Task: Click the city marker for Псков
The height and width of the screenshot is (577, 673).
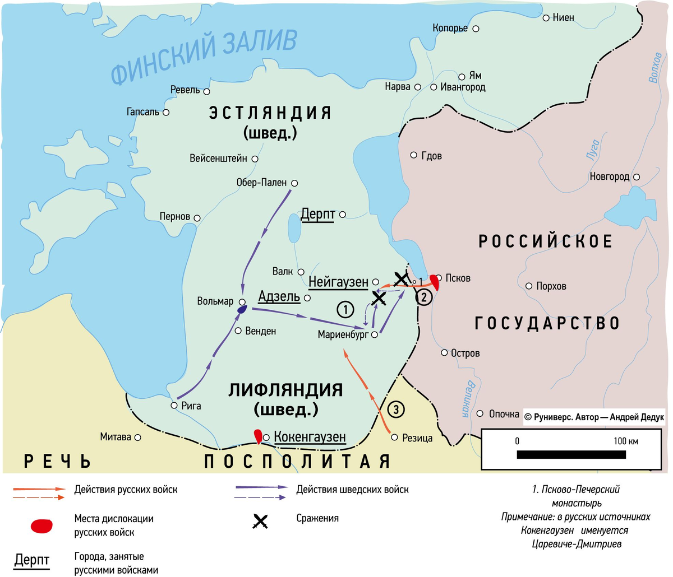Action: click(x=440, y=277)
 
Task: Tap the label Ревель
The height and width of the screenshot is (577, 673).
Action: click(x=185, y=90)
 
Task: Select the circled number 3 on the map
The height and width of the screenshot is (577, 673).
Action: click(x=395, y=410)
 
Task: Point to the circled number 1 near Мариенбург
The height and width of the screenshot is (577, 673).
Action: click(x=345, y=309)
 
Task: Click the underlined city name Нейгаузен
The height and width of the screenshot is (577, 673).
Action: click(x=338, y=282)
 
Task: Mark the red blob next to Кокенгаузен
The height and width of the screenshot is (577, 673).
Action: click(x=258, y=435)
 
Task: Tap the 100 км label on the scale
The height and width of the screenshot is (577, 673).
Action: click(x=625, y=441)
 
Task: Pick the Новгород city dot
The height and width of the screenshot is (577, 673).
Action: click(x=637, y=177)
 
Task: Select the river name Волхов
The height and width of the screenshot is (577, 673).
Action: click(x=654, y=68)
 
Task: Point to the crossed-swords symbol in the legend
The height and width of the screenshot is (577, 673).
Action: click(x=259, y=522)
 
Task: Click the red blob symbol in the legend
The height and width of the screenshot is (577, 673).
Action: click(x=42, y=525)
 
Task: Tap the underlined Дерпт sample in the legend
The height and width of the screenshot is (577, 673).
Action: click(x=32, y=561)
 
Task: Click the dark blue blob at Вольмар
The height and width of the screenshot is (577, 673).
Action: click(x=242, y=309)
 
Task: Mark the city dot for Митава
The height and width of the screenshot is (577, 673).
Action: click(x=138, y=437)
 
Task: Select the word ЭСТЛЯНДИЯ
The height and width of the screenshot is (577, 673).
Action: click(x=270, y=113)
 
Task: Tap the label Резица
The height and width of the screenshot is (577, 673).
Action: click(x=417, y=438)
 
